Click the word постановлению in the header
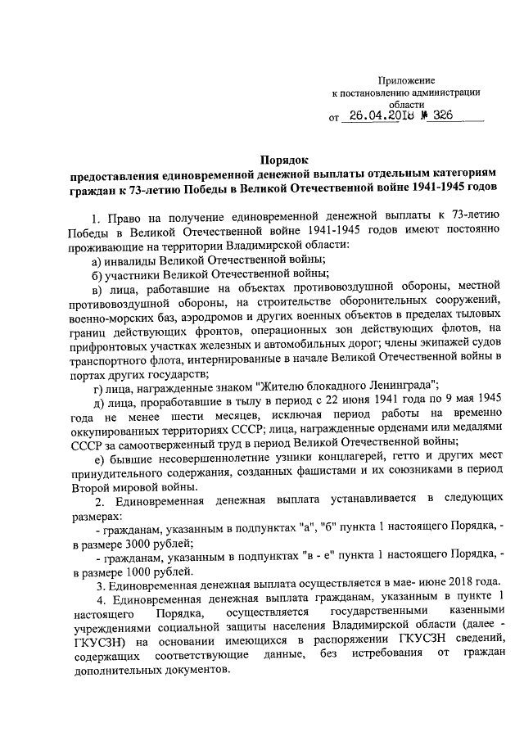[x=381, y=93]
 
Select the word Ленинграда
[x=401, y=387]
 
